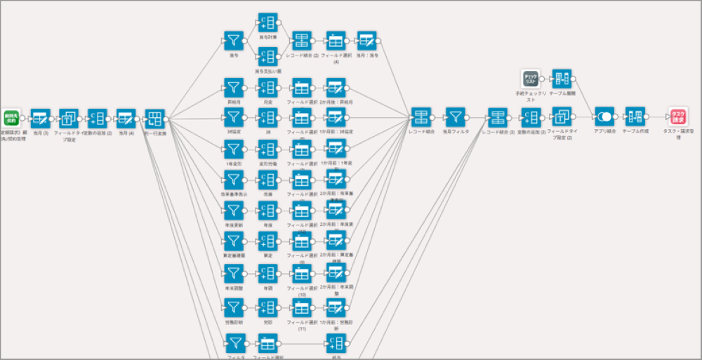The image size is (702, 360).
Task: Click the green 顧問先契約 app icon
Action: pos(11,117)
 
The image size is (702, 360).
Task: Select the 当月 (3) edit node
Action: pos(40,118)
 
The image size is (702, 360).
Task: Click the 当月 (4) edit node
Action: pos(126,118)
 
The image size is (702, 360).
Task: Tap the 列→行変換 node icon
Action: pos(154,118)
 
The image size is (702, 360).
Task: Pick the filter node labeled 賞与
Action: pos(233,40)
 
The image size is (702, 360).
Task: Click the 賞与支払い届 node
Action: pos(267,57)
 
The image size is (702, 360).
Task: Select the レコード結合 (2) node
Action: pos(302,40)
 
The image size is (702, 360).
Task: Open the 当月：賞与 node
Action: pos(366,40)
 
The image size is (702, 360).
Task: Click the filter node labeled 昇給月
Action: pos(233,88)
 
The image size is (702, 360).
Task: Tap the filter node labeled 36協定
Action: pos(233,118)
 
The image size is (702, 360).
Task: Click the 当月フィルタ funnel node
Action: pos(456,117)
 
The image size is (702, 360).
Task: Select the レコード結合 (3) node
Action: pos(498,117)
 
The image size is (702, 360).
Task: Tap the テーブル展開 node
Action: pos(561,79)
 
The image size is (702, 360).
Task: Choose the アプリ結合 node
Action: pos(604,117)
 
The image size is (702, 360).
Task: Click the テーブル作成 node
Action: pos(635,117)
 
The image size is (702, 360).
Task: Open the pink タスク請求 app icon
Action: pos(677,117)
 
